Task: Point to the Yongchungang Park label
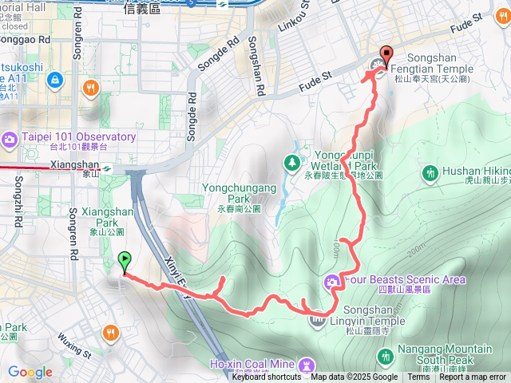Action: pos(239,193)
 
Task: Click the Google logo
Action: pos(30,372)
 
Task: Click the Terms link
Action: pos(418,377)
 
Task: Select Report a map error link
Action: pos(473,377)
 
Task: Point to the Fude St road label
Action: pos(315,77)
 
